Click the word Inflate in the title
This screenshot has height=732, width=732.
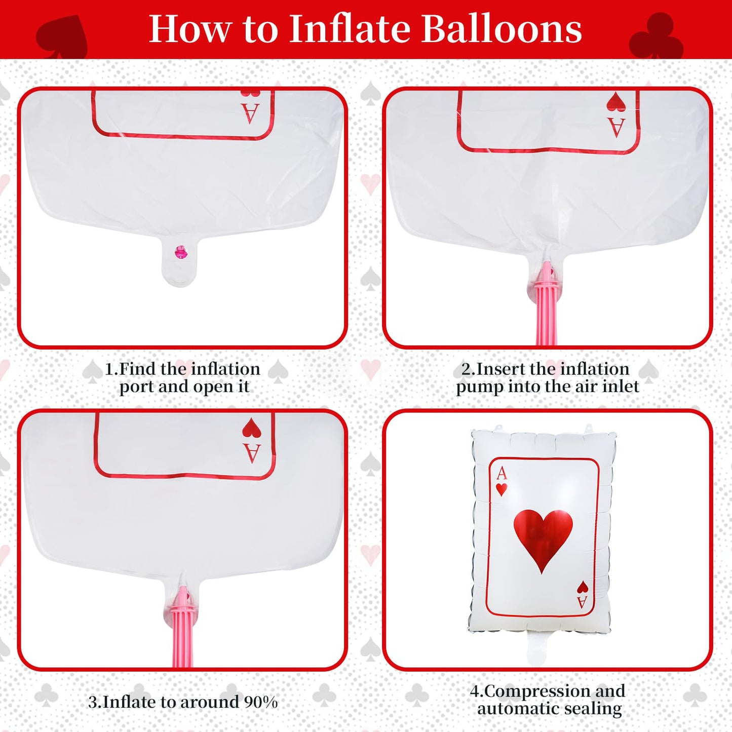click(x=350, y=29)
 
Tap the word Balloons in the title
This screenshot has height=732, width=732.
click(x=502, y=29)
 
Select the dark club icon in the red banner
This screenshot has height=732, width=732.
click(x=656, y=35)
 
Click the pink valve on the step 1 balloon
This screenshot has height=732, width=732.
click(x=180, y=252)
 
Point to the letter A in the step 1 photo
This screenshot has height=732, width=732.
click(x=250, y=113)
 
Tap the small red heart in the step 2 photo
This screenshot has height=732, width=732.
click(x=616, y=102)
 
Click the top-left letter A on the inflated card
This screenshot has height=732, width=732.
click(x=502, y=474)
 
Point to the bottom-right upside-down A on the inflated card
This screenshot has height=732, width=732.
click(x=582, y=602)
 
